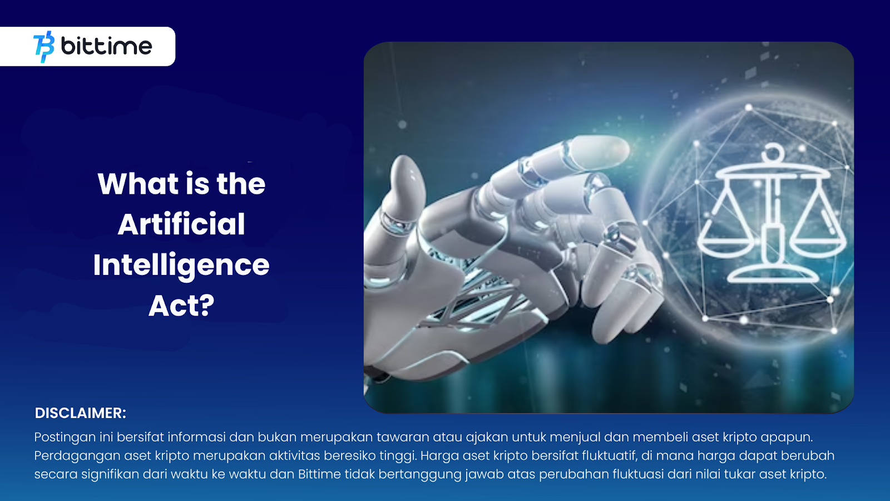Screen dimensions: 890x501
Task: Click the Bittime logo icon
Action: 44,47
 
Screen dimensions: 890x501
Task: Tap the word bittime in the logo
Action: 106,46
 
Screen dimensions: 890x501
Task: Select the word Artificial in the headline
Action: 181,224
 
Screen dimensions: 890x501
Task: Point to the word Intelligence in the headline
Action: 181,266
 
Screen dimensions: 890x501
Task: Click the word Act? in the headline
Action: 181,306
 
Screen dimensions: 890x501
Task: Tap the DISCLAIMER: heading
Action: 80,413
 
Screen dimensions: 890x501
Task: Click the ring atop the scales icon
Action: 773,152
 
